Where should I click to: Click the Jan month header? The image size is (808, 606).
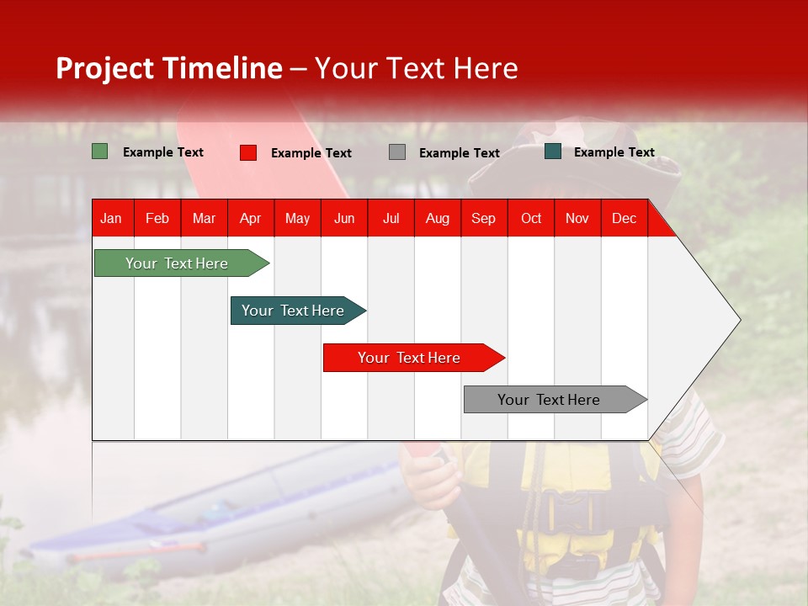tap(111, 218)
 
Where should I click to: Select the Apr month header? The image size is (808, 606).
tap(250, 218)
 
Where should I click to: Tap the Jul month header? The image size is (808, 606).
tap(391, 218)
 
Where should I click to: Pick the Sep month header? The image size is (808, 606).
tap(483, 218)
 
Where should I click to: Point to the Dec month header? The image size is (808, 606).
tap(624, 218)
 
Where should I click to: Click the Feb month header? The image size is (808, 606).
tap(157, 218)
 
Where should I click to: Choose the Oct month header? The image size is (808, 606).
tap(531, 218)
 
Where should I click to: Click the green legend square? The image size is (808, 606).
tap(99, 151)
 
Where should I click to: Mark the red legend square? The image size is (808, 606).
tap(248, 152)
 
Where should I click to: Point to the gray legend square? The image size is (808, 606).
tap(397, 152)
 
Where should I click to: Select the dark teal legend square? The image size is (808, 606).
tap(553, 151)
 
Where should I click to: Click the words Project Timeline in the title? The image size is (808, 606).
tap(169, 68)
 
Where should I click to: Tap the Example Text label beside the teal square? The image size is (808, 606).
tap(614, 152)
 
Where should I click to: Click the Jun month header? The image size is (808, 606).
tap(344, 218)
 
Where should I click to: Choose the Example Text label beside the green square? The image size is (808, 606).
tap(163, 152)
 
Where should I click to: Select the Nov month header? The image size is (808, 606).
tap(577, 218)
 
